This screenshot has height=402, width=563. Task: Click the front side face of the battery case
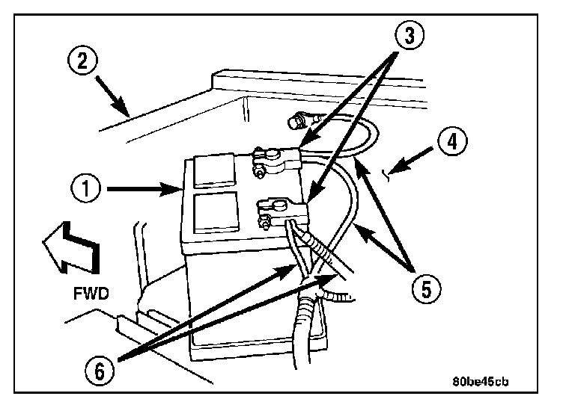pyautogui.click(x=225, y=291)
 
